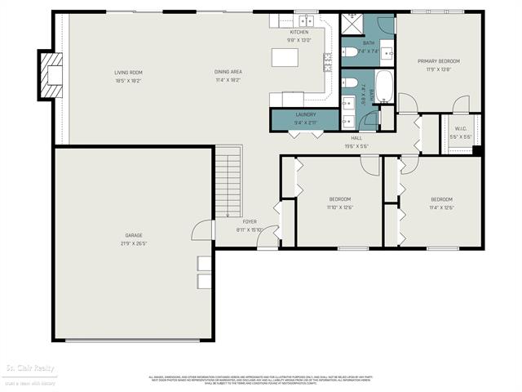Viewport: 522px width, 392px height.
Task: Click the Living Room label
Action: (x=128, y=73)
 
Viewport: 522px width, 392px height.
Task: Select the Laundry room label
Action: (x=305, y=115)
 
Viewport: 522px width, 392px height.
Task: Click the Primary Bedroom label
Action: (x=439, y=61)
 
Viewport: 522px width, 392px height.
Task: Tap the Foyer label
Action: (x=250, y=221)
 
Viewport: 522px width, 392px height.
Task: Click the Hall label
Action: (x=356, y=139)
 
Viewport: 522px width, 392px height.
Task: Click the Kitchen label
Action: (x=299, y=32)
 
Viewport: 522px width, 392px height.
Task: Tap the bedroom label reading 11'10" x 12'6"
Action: (x=339, y=207)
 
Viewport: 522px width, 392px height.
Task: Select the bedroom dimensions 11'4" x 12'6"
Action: (x=441, y=207)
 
